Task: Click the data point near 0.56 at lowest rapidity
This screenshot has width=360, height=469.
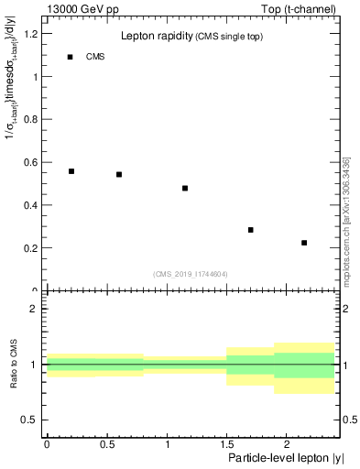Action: [71, 171]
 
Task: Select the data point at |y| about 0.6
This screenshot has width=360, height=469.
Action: [119, 174]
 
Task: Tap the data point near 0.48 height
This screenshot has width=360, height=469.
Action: [185, 188]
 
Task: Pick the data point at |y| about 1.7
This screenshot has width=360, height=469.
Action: [250, 230]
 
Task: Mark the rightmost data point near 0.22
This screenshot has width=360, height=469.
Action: [304, 243]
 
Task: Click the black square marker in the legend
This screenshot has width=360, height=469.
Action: [70, 57]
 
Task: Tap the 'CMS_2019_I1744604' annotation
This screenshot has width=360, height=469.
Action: [191, 274]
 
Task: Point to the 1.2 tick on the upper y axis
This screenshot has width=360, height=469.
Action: [31, 34]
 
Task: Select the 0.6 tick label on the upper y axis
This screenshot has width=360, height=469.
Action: [31, 162]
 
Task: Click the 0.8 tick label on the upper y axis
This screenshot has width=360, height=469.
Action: [31, 120]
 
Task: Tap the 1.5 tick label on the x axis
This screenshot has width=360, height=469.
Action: [226, 442]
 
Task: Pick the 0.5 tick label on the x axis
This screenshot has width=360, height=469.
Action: [106, 442]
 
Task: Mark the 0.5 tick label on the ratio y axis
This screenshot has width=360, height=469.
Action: [31, 420]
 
